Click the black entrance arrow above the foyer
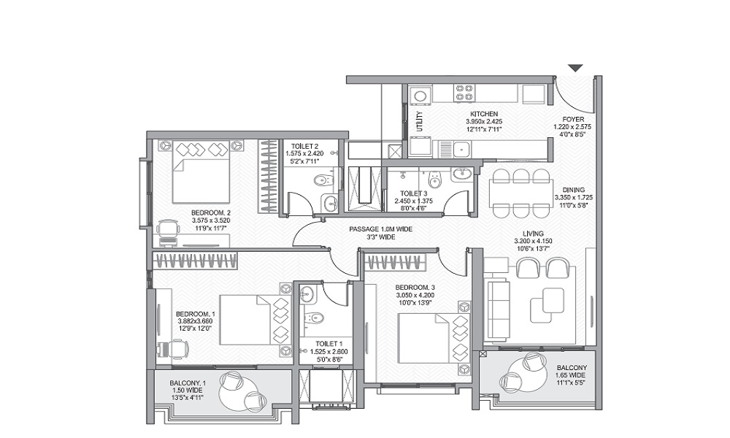tap(576, 68)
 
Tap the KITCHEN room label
tap(484, 114)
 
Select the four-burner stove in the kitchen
tap(465, 92)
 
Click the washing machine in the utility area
tap(420, 96)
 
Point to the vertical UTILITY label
tap(420, 121)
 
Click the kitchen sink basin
tap(462, 150)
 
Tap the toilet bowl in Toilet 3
tap(435, 179)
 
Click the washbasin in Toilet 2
tap(331, 202)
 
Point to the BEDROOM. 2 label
tap(211, 212)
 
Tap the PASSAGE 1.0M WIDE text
tap(381, 229)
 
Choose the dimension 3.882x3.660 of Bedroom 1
tap(195, 320)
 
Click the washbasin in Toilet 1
tap(307, 293)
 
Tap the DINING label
tap(574, 190)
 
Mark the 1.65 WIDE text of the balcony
tap(572, 375)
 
